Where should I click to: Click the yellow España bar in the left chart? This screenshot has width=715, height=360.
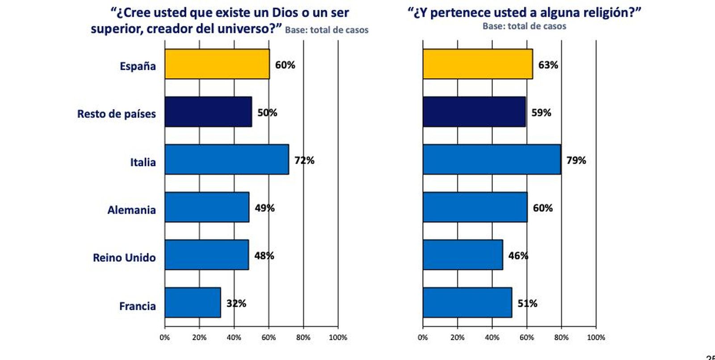pyautogui.click(x=217, y=64)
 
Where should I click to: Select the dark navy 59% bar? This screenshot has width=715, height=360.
pyautogui.click(x=474, y=112)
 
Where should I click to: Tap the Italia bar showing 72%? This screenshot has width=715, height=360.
pyautogui.click(x=227, y=159)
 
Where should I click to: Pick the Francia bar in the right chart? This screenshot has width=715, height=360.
pyautogui.click(x=467, y=303)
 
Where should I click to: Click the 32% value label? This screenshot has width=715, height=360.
pyautogui.click(x=236, y=303)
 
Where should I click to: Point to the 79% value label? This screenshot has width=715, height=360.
pyautogui.click(x=576, y=160)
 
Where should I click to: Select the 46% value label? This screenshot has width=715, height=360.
pyautogui.click(x=518, y=255)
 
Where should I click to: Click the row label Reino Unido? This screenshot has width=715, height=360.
pyautogui.click(x=124, y=258)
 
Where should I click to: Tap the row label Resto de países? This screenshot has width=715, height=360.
pyautogui.click(x=116, y=114)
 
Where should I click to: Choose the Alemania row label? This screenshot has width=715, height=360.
pyautogui.click(x=131, y=210)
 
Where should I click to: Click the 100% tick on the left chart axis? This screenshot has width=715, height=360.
pyautogui.click(x=338, y=338)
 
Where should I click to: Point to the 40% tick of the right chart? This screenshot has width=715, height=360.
pyautogui.click(x=492, y=338)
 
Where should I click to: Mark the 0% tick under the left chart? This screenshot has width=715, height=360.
pyautogui.click(x=164, y=338)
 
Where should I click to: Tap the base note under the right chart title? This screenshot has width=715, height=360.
pyautogui.click(x=524, y=26)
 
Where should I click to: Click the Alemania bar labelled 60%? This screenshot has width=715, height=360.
pyautogui.click(x=475, y=207)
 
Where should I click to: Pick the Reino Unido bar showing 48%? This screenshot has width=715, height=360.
pyautogui.click(x=206, y=255)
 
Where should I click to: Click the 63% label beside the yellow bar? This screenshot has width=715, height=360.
pyautogui.click(x=548, y=65)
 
